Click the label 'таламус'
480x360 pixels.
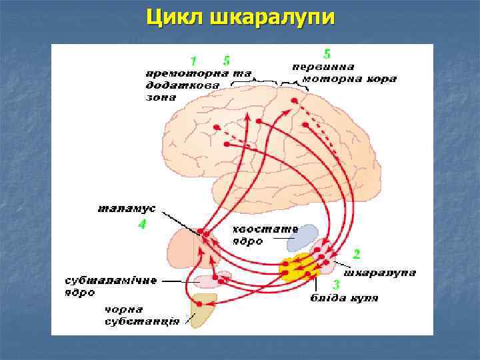(127, 208)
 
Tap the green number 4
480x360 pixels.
(141, 225)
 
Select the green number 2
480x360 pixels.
(357, 253)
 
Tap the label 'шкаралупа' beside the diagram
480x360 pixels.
(379, 272)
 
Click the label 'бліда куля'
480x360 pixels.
(344, 297)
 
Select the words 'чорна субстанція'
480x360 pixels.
(141, 316)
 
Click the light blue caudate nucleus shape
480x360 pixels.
(303, 237)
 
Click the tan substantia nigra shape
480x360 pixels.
(203, 311)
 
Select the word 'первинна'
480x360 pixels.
(323, 67)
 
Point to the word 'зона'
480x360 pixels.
(161, 97)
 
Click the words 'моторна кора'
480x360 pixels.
(349, 79)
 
